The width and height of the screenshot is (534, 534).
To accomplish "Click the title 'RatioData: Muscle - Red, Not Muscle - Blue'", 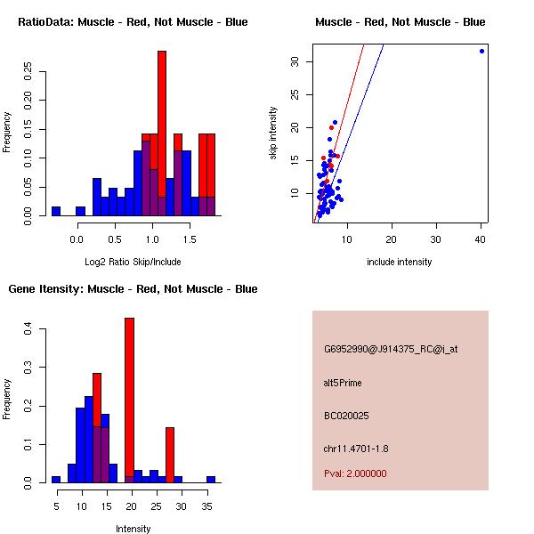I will point(133,22).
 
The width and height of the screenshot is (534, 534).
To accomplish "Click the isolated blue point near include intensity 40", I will point(481,51).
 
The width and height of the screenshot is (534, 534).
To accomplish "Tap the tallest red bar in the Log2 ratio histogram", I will point(162,133).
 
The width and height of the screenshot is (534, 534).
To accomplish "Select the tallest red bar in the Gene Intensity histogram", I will point(129,400).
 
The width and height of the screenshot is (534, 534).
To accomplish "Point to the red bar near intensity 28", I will point(170,455).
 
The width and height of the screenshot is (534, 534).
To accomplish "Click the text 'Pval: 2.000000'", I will point(355,473).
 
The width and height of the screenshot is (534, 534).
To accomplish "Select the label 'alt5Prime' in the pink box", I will point(343,384).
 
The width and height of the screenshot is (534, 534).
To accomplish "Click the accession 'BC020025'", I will point(346,416).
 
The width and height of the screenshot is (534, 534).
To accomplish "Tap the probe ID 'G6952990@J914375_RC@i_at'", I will point(391,350).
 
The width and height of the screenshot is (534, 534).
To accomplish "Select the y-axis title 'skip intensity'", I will point(274,133).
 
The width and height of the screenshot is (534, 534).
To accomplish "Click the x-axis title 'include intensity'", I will point(400,262).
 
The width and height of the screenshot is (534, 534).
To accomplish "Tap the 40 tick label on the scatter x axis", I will point(481,238).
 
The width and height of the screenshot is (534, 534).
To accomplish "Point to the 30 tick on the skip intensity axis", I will point(294,61).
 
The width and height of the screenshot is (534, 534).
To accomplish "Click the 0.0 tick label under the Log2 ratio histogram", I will point(77,238).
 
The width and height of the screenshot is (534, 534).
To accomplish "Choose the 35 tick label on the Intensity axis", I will point(210,506).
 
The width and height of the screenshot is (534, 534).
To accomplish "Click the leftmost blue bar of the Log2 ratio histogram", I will point(56,211).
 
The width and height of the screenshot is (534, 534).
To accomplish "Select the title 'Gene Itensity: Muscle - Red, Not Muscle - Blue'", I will point(133,289).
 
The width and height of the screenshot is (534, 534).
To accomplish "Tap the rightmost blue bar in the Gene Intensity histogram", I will point(211,479).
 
